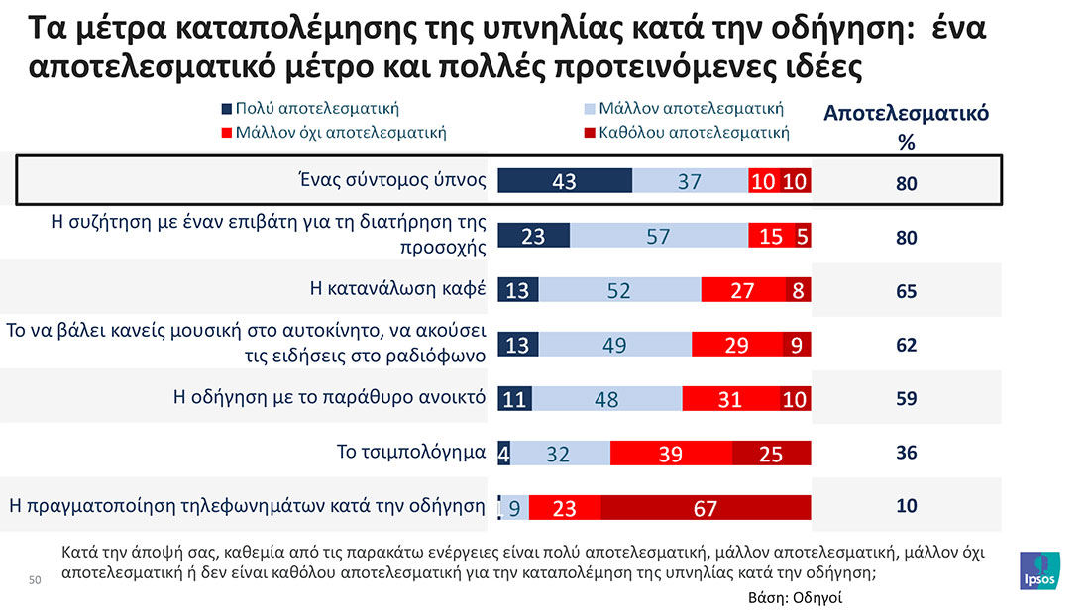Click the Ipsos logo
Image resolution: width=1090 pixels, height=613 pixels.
pyautogui.click(x=1039, y=573)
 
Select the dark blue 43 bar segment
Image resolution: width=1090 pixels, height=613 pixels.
pyautogui.click(x=565, y=181)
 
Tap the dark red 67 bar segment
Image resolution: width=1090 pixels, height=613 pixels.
pyautogui.click(x=706, y=508)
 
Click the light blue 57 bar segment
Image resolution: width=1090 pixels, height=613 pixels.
pyautogui.click(x=659, y=236)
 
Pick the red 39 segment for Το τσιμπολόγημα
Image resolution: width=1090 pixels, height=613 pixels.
pyautogui.click(x=671, y=454)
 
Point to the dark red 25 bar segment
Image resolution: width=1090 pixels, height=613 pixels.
pyautogui.click(x=771, y=454)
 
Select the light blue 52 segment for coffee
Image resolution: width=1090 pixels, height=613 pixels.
pyautogui.click(x=619, y=290)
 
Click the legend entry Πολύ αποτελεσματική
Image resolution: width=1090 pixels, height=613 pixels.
pyautogui.click(x=315, y=109)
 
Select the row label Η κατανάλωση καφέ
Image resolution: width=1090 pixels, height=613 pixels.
pyautogui.click(x=397, y=290)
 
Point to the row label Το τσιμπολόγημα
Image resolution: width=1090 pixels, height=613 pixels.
pyautogui.click(x=410, y=454)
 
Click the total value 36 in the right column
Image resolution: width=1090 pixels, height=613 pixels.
pyautogui.click(x=906, y=454)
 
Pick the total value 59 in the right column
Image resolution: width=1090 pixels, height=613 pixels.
pyautogui.click(x=906, y=399)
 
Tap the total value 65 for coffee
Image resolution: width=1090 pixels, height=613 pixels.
pyautogui.click(x=906, y=291)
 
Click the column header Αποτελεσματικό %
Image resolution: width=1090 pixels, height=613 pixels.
pyautogui.click(x=906, y=126)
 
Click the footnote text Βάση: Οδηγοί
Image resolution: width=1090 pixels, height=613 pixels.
pyautogui.click(x=795, y=598)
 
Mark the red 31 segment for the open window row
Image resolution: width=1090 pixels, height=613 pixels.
pyautogui.click(x=729, y=399)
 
